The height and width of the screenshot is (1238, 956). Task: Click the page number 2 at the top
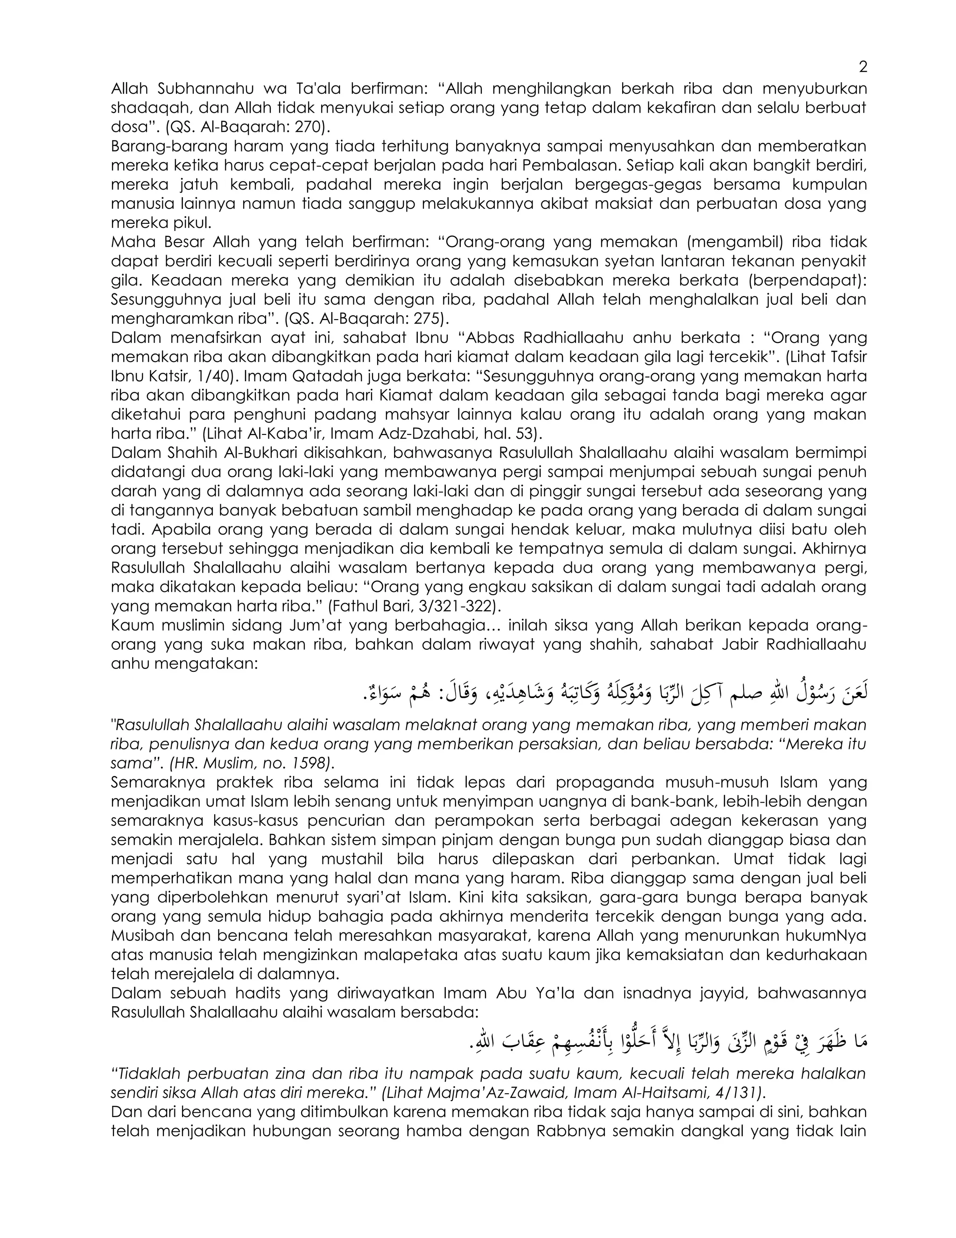[863, 67]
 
